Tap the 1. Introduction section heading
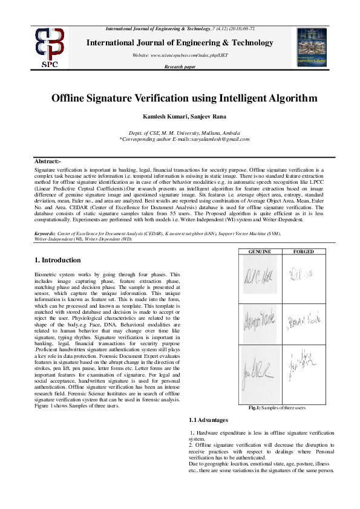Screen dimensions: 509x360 pyautogui.click(x=57, y=260)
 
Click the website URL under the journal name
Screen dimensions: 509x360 pyautogui.click(x=180, y=55)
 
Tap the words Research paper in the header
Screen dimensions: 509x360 pyautogui.click(x=180, y=66)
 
